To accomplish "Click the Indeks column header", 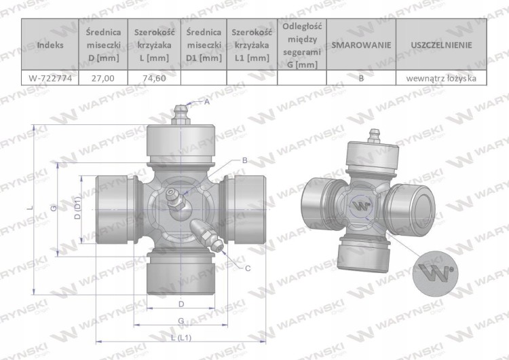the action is tap(50, 45).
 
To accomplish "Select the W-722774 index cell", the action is tap(50, 78).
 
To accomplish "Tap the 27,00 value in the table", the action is tap(103, 78).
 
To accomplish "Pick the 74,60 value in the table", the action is tap(154, 78).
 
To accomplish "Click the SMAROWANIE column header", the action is tap(361, 45).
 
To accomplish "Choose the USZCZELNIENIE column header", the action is tap(442, 45).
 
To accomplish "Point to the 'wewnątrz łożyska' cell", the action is tap(442, 78).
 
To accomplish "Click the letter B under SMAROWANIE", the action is tap(361, 78).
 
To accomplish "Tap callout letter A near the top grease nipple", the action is tap(207, 102).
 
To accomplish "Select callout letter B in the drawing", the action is tap(245, 160).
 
